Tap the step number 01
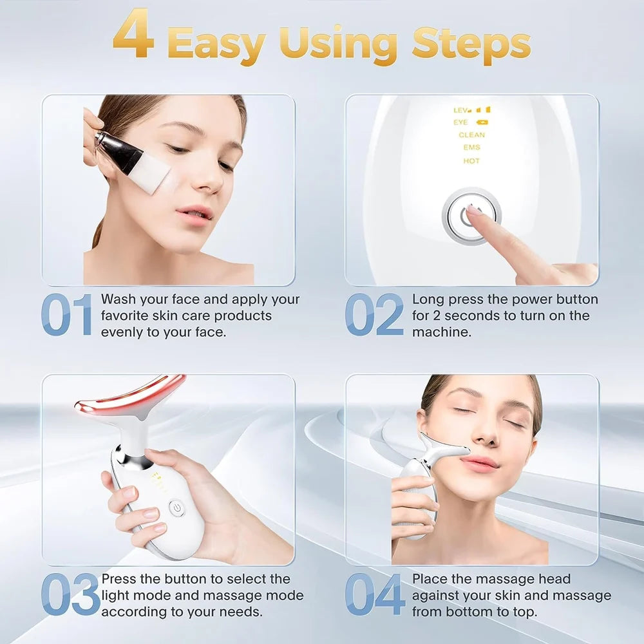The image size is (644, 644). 67,315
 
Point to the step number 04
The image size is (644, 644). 375,594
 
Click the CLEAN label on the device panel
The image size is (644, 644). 471,135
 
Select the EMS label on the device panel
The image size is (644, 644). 471,148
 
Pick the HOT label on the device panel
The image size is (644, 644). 471,161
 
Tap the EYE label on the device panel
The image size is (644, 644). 461,122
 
